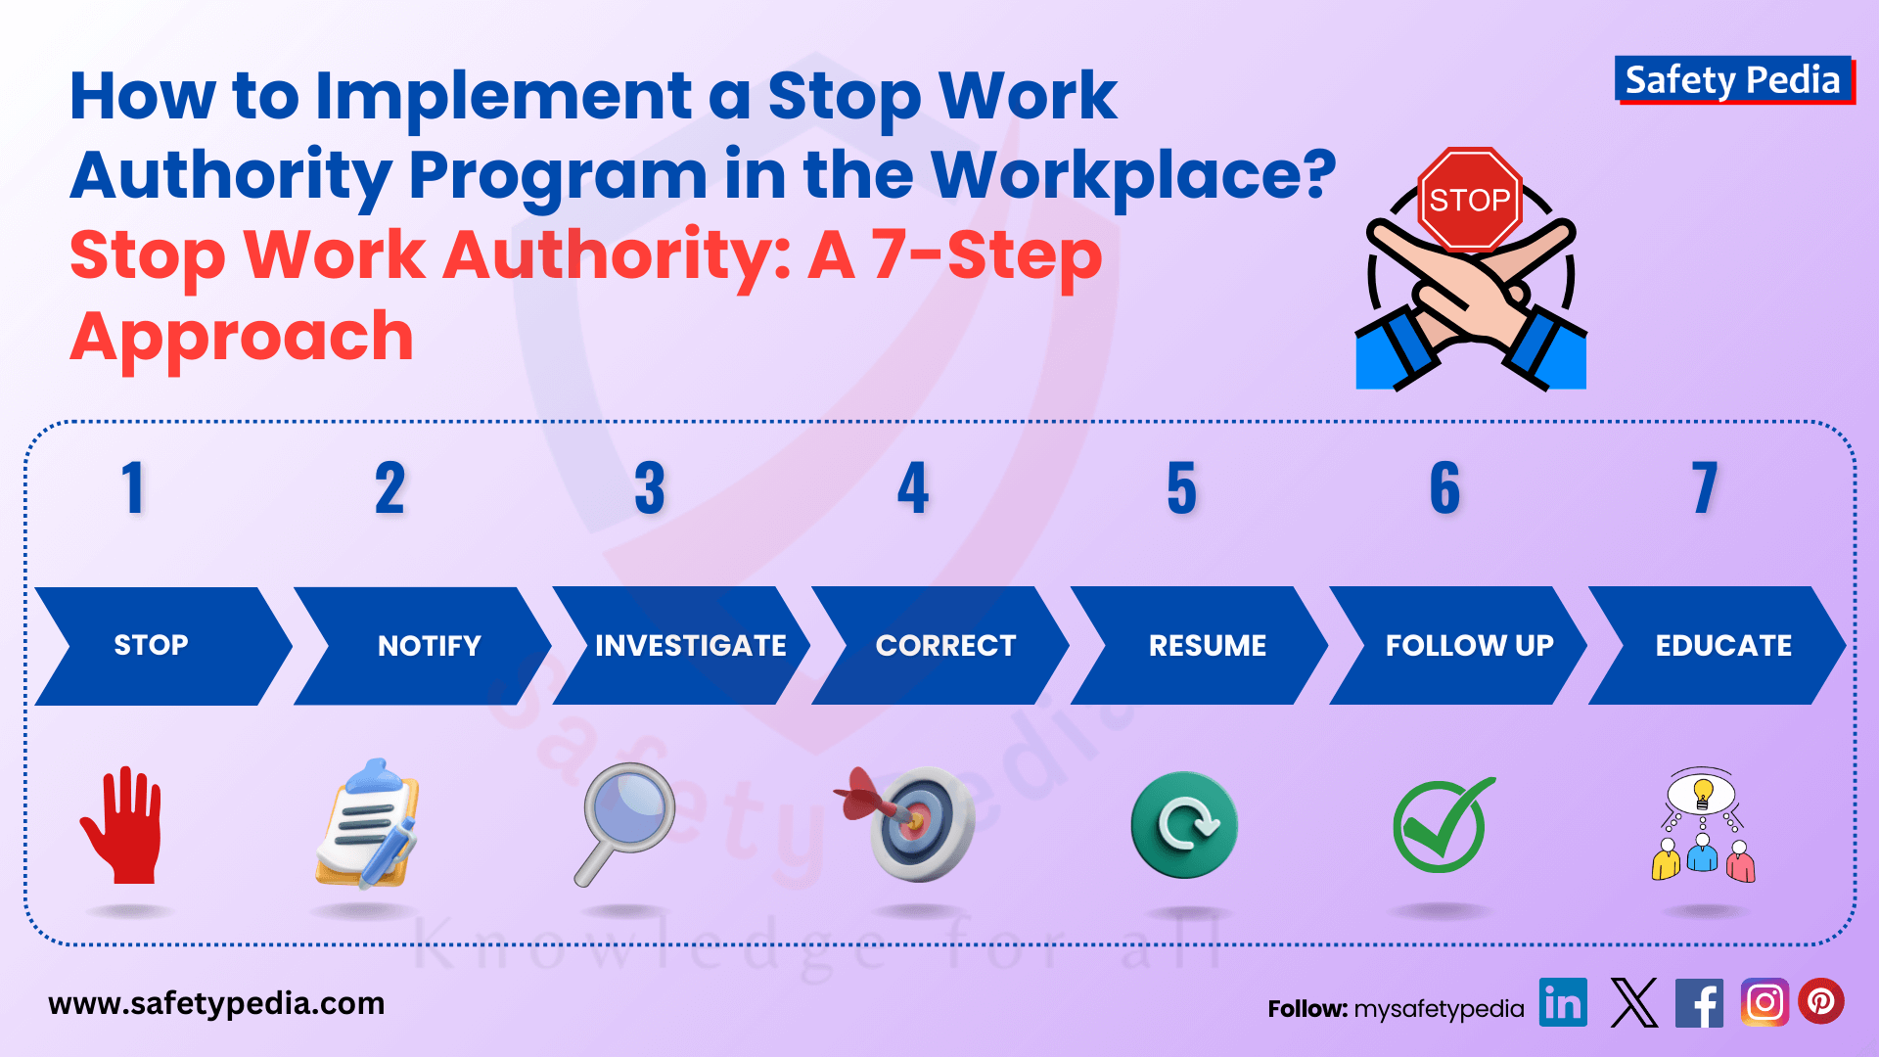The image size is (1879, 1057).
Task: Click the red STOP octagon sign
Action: point(1469,199)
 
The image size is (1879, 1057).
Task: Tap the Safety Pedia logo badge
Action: point(1733,79)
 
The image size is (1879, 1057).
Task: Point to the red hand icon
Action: point(123,825)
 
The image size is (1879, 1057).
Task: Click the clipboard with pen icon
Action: point(368,824)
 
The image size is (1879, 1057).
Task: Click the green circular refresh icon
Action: point(1183,824)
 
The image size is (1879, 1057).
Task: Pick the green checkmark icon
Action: point(1443,825)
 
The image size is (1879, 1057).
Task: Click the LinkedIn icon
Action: point(1563,1002)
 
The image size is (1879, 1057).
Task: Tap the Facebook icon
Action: point(1699,1002)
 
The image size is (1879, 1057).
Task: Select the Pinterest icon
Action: point(1820,1002)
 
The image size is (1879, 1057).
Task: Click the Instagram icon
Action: point(1764,1002)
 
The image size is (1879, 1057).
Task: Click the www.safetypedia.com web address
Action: point(216,1004)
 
